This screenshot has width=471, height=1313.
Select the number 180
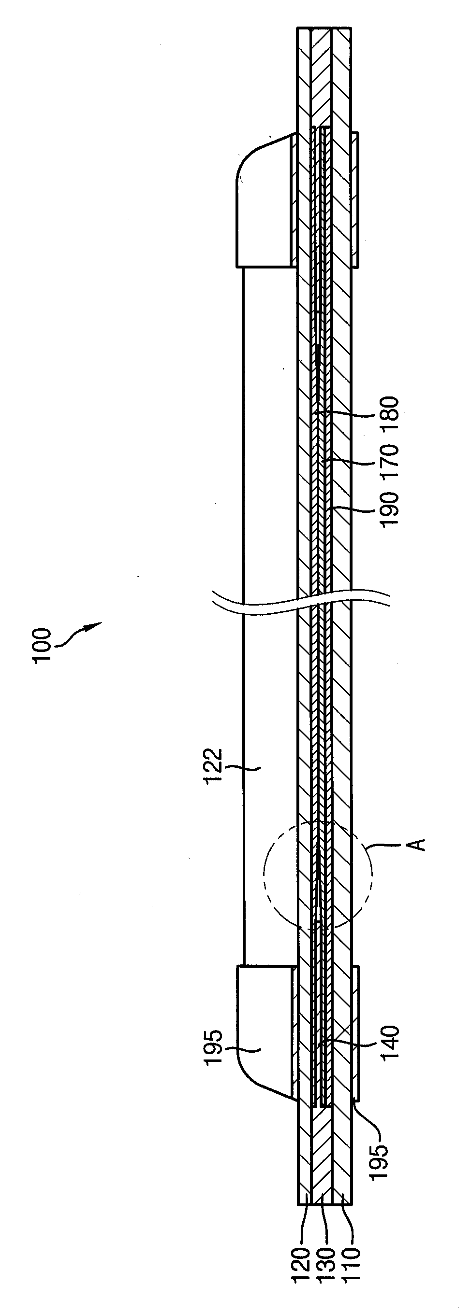click(389, 414)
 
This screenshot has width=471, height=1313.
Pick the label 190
click(389, 508)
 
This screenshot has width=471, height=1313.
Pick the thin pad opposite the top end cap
click(354, 200)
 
